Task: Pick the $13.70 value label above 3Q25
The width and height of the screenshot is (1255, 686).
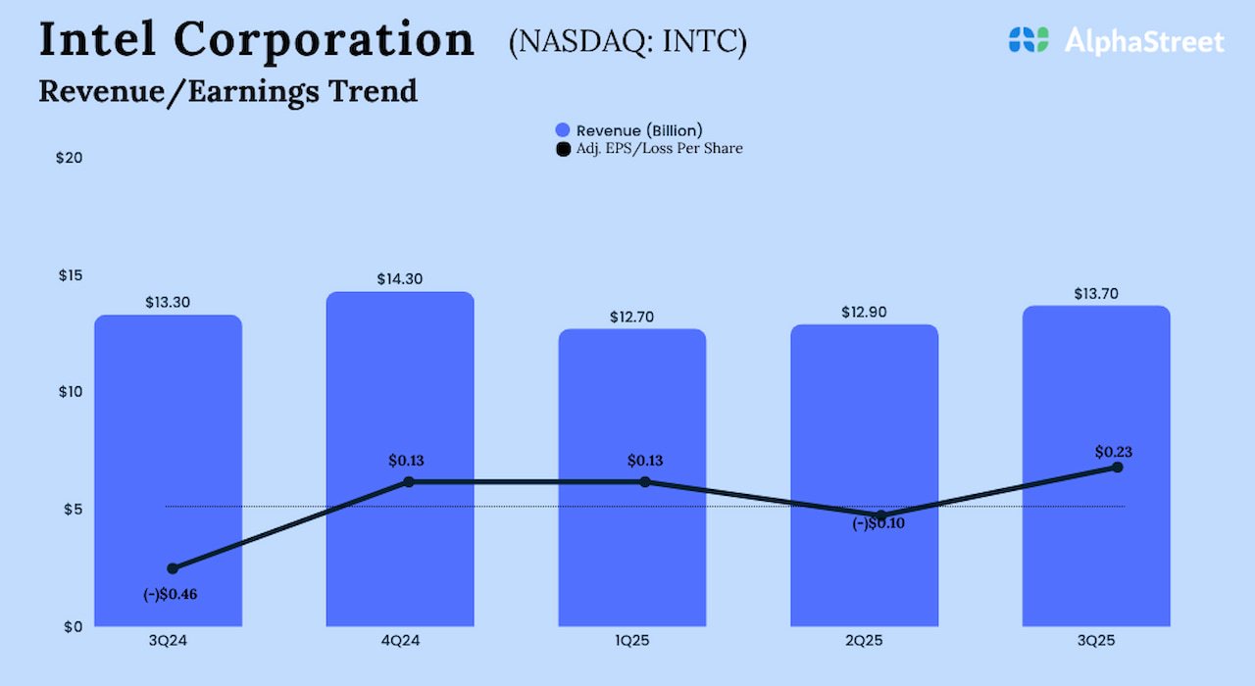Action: (x=1096, y=294)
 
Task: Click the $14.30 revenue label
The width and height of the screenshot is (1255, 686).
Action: (x=400, y=279)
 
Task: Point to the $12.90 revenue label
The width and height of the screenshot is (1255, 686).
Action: (x=864, y=313)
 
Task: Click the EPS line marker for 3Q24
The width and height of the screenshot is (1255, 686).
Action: (x=173, y=568)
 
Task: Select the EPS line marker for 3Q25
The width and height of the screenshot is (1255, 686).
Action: (x=1117, y=467)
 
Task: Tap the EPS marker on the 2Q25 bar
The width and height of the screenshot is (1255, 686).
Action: (x=880, y=515)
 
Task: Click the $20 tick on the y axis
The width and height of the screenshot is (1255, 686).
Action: (x=70, y=158)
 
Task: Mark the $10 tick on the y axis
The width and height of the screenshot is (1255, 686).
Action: (x=70, y=392)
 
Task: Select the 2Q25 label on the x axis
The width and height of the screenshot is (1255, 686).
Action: (x=864, y=642)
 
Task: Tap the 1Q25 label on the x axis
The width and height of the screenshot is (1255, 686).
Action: (x=632, y=642)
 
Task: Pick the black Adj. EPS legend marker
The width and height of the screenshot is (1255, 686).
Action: (x=563, y=149)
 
